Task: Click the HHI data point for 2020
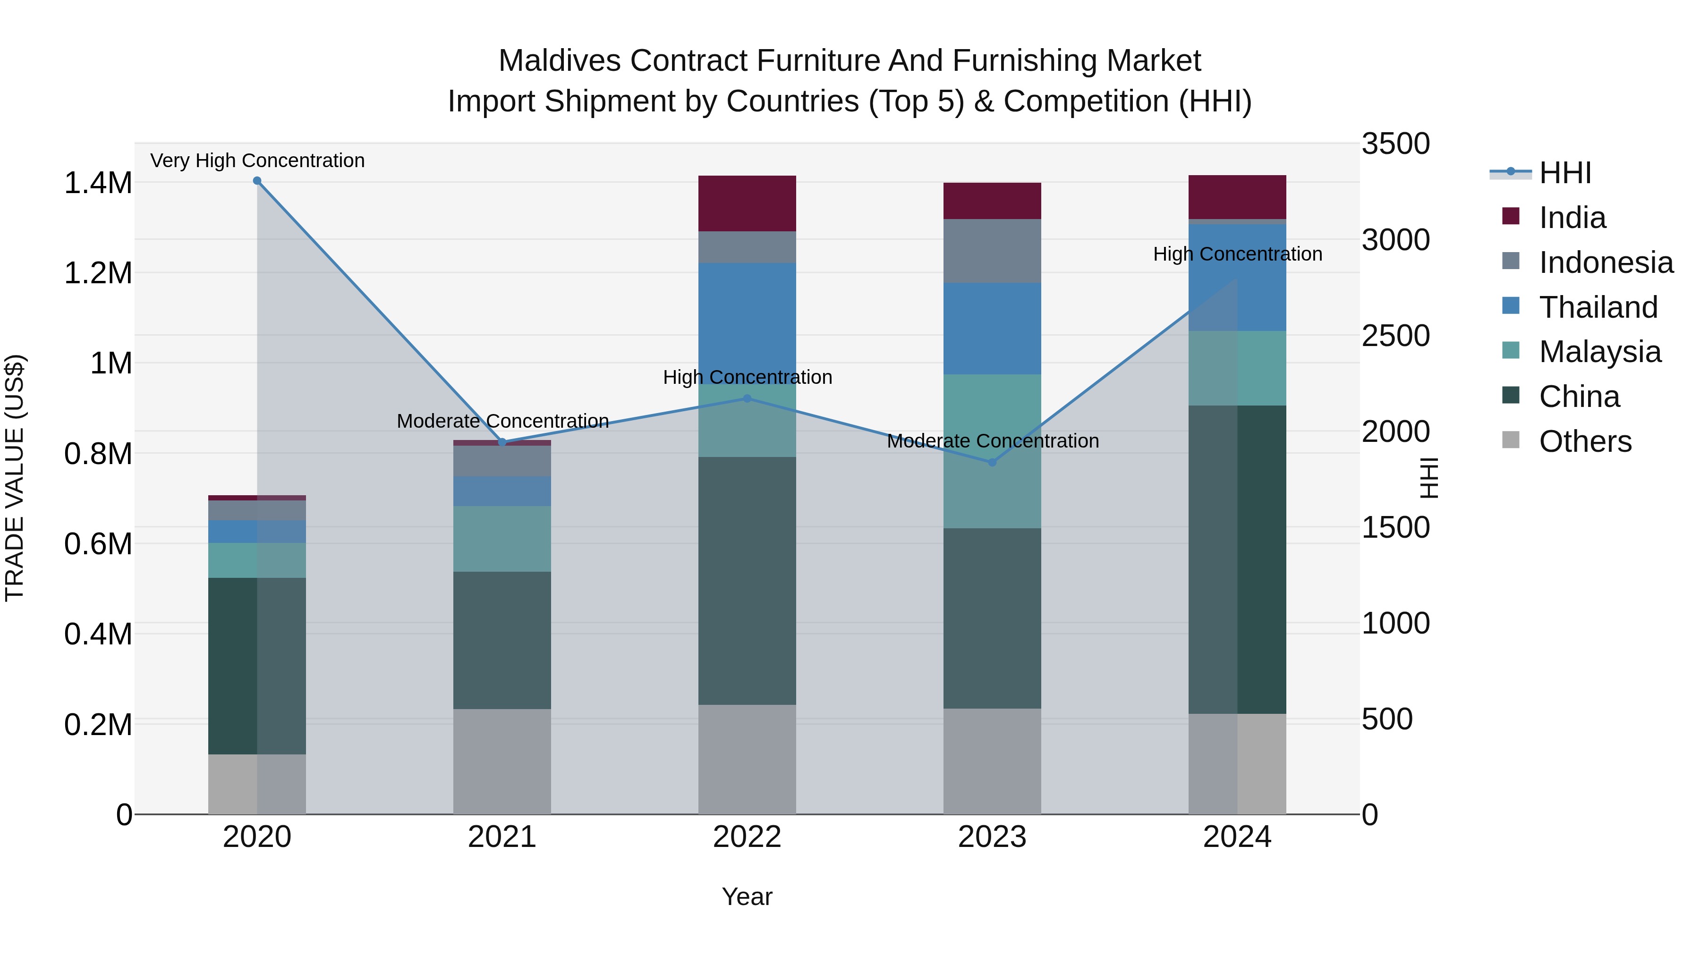click(257, 181)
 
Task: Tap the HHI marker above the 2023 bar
click(992, 463)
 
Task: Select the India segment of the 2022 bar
click(747, 203)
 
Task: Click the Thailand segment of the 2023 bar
click(992, 329)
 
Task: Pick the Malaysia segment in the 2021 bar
click(502, 538)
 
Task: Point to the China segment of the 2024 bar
click(1237, 559)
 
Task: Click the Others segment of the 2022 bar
click(747, 759)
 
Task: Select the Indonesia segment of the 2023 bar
click(992, 251)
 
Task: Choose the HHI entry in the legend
click(1564, 173)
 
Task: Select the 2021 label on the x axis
click(502, 837)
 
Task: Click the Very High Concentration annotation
click(257, 161)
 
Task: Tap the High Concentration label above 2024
click(1237, 254)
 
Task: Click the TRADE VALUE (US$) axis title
click(15, 478)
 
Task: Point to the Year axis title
click(747, 897)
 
